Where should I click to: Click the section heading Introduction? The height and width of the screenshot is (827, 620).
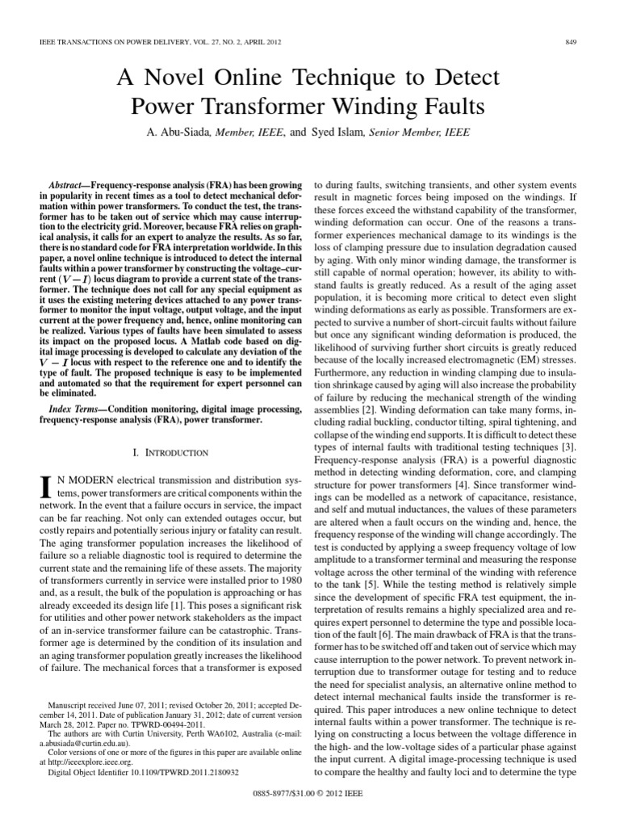click(171, 452)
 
